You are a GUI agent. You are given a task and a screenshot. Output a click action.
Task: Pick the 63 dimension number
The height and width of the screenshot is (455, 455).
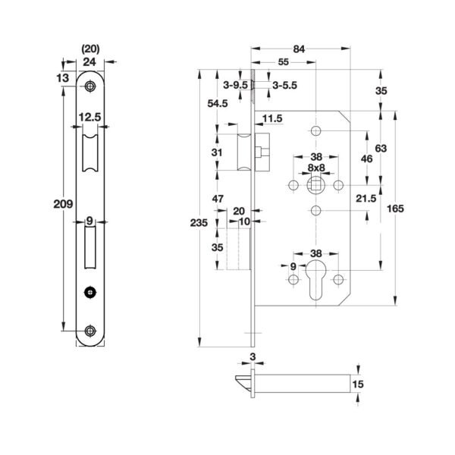pyautogui.click(x=381, y=149)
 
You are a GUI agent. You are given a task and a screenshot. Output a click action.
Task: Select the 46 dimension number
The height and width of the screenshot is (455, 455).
pyautogui.click(x=366, y=159)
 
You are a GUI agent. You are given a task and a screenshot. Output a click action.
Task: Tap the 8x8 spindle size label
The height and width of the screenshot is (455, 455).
pyautogui.click(x=316, y=168)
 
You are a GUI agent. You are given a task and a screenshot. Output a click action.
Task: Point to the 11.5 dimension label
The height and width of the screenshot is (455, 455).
pyautogui.click(x=274, y=118)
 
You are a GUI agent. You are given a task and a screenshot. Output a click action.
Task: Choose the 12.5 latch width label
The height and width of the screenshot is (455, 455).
pyautogui.click(x=90, y=118)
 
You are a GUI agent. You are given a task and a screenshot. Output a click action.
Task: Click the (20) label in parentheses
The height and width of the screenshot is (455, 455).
pyautogui.click(x=90, y=51)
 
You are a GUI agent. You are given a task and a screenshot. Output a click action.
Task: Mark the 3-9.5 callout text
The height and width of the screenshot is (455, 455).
pyautogui.click(x=236, y=86)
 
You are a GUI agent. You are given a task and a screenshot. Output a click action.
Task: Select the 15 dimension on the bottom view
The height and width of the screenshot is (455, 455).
pyautogui.click(x=359, y=385)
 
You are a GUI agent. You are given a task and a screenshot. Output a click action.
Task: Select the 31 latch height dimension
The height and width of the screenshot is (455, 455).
pyautogui.click(x=218, y=152)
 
